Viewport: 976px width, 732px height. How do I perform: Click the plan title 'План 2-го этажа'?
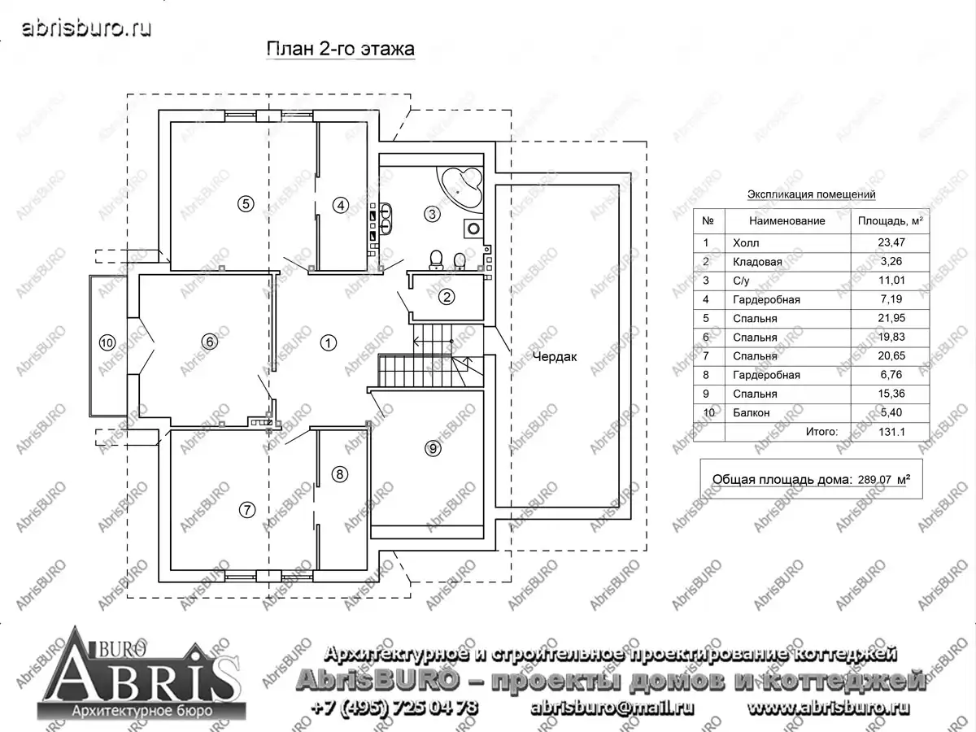(340, 49)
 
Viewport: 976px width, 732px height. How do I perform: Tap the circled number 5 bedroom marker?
(246, 204)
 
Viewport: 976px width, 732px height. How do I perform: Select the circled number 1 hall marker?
(329, 342)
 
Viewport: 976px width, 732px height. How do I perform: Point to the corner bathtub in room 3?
(460, 188)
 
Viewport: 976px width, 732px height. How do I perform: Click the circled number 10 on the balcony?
(107, 342)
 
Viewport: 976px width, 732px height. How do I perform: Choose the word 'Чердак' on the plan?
(555, 356)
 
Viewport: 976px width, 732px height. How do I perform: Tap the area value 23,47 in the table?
(891, 242)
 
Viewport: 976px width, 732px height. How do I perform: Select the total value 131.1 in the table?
(891, 432)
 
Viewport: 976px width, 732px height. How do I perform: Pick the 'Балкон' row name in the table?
(751, 413)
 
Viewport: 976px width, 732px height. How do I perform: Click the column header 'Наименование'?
(787, 221)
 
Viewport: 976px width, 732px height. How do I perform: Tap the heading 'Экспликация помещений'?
(811, 194)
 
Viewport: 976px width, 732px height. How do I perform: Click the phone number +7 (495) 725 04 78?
(394, 708)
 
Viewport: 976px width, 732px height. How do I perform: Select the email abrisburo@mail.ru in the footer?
(612, 708)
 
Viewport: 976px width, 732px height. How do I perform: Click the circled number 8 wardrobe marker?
(340, 474)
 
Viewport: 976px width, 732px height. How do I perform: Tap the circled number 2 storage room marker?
(447, 296)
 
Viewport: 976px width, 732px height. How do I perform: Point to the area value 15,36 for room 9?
(891, 394)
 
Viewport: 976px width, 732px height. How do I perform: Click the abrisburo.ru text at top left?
(87, 28)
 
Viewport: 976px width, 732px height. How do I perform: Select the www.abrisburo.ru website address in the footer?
(828, 708)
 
